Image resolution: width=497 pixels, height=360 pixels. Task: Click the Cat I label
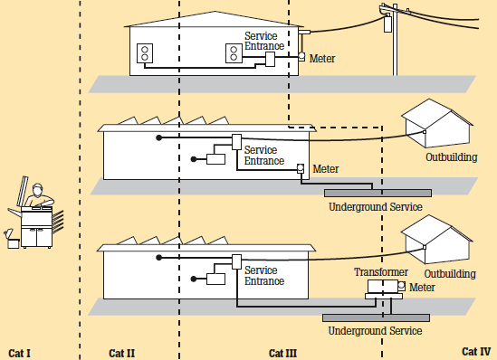pyautogui.click(x=19, y=353)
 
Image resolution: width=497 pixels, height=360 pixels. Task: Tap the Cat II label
pyautogui.click(x=121, y=353)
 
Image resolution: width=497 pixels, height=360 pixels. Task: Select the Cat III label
pyautogui.click(x=282, y=353)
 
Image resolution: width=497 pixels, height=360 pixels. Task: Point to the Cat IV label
pyautogui.click(x=476, y=352)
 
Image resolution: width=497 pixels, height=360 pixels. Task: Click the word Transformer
pyautogui.click(x=381, y=272)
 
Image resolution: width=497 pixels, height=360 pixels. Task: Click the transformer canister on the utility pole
pyautogui.click(x=387, y=23)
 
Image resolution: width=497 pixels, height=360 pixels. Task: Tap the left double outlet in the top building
pyautogui.click(x=145, y=53)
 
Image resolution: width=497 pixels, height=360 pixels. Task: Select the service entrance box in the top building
pyautogui.click(x=270, y=59)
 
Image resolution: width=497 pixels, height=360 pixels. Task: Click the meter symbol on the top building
pyautogui.click(x=301, y=57)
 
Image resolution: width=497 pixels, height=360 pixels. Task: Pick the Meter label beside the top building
pyautogui.click(x=322, y=59)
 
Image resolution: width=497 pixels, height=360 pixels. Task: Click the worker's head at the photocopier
pyautogui.click(x=37, y=189)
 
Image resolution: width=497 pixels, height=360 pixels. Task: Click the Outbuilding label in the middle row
pyautogui.click(x=452, y=157)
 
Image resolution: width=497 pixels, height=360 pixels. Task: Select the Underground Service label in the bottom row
pyautogui.click(x=375, y=331)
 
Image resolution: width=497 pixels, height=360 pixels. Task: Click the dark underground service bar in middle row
pyautogui.click(x=378, y=193)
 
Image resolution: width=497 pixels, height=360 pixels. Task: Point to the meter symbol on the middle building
pyautogui.click(x=301, y=169)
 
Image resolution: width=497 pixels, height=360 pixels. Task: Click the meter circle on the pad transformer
pyautogui.click(x=401, y=286)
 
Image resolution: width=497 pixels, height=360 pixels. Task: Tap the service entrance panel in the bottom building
pyautogui.click(x=237, y=261)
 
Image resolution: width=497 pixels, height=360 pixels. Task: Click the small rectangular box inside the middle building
pyautogui.click(x=215, y=159)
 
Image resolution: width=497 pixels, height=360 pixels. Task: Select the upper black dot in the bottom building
pyautogui.click(x=159, y=258)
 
